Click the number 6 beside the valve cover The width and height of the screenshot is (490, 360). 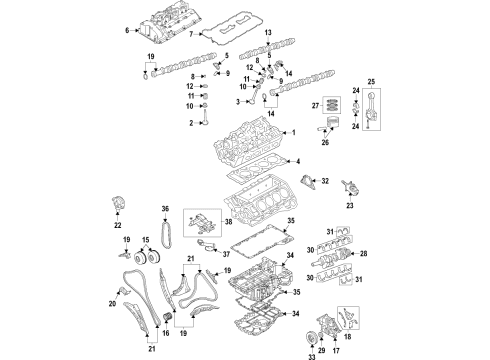point(126,32)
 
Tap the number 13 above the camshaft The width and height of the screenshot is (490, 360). point(268,34)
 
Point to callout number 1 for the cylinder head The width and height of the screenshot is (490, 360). point(294,133)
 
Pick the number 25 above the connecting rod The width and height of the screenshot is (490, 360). point(372,81)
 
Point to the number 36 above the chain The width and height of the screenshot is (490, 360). point(166,208)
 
